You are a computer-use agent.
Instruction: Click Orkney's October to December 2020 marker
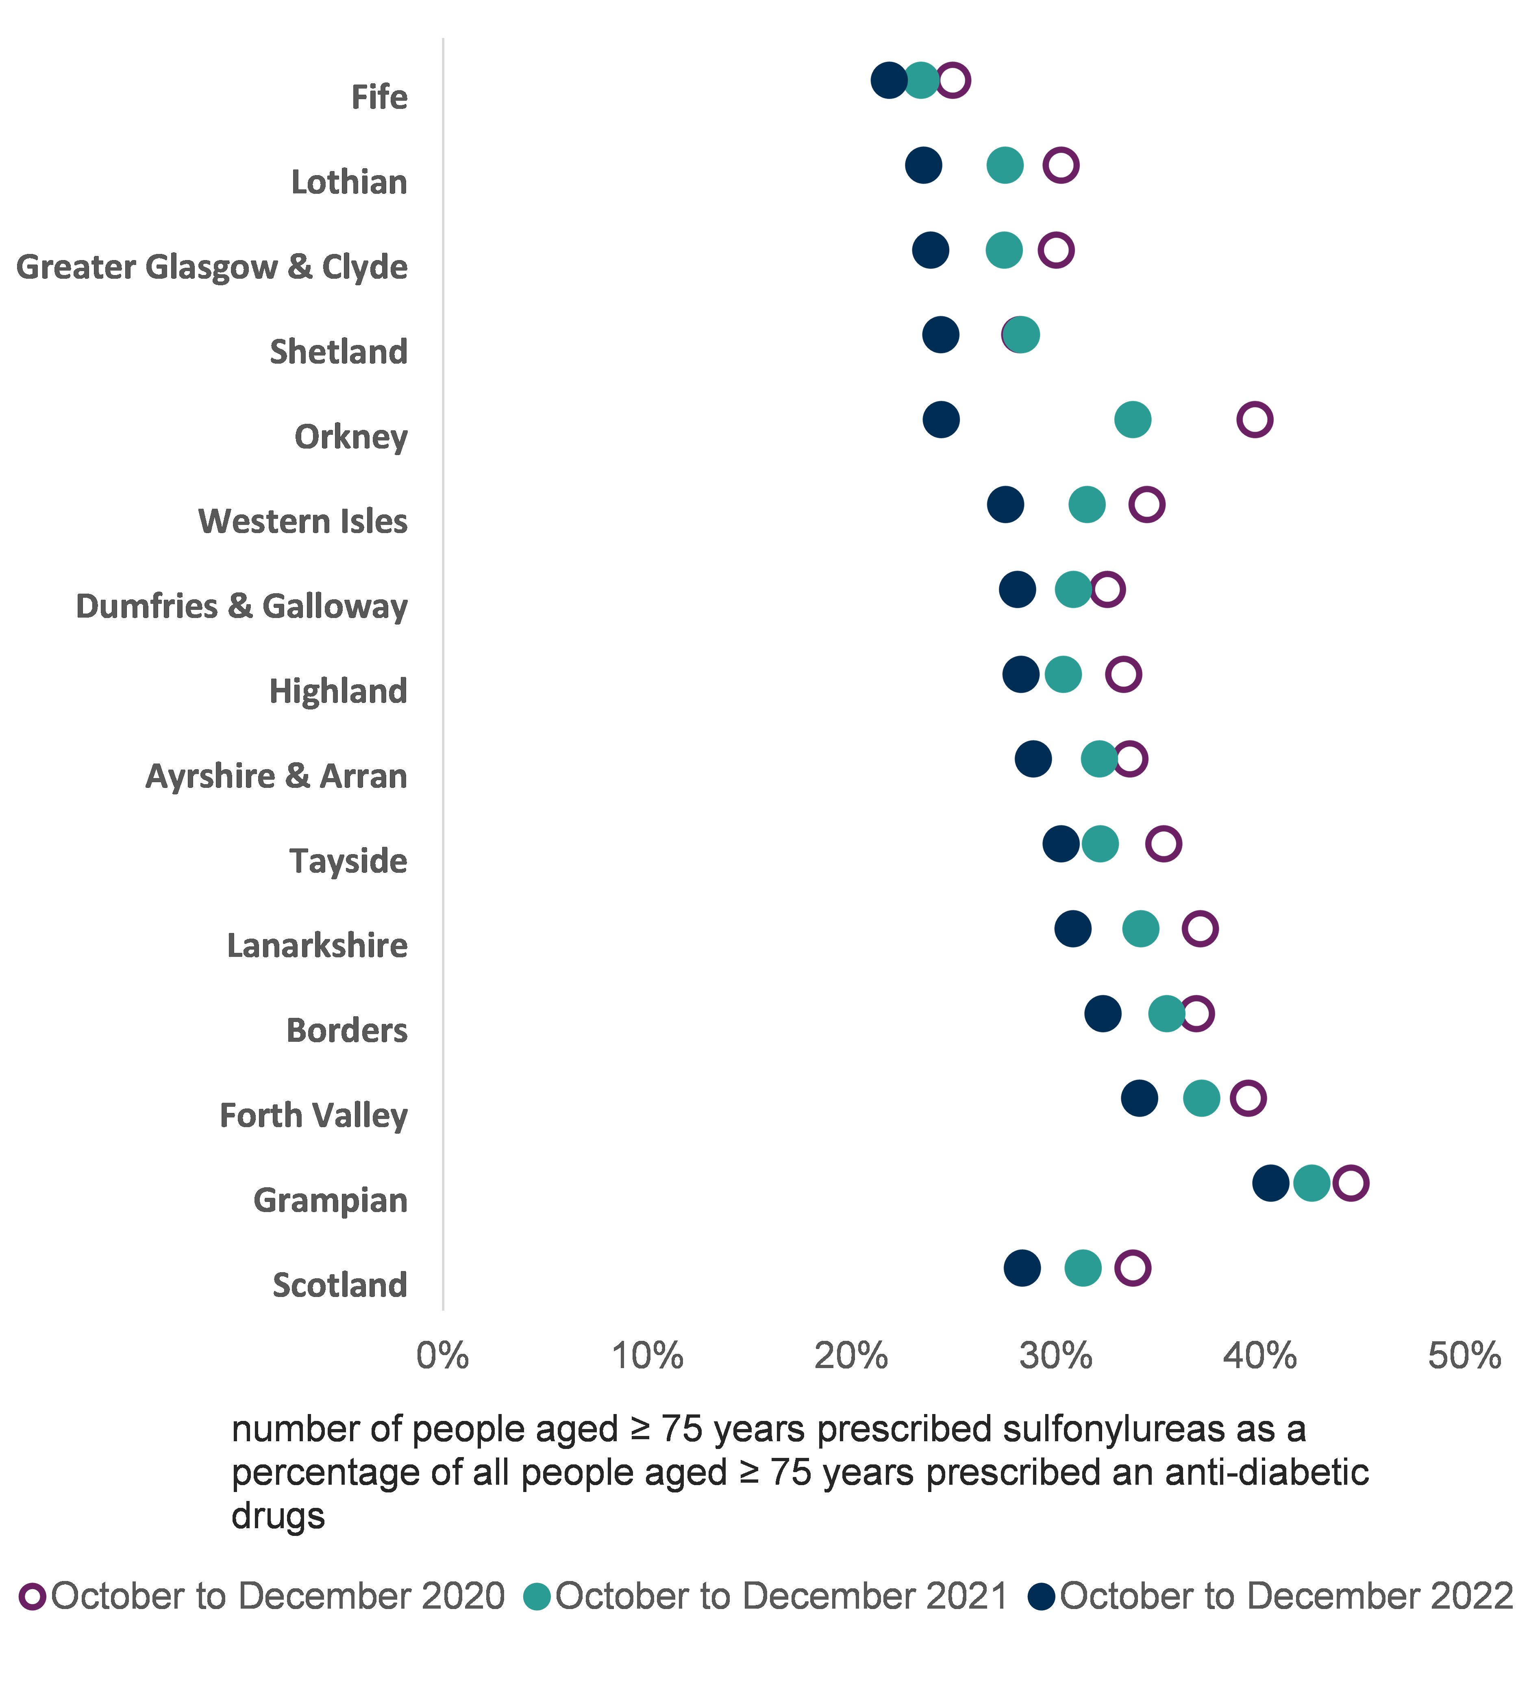pyautogui.click(x=1254, y=419)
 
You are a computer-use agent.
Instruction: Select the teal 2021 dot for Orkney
pyautogui.click(x=1132, y=419)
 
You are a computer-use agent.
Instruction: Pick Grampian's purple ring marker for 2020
pyautogui.click(x=1350, y=1183)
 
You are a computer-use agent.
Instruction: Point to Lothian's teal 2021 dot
pyautogui.click(x=1005, y=165)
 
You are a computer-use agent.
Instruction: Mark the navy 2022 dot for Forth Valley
pyautogui.click(x=1139, y=1098)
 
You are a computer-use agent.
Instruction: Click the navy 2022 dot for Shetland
pyautogui.click(x=940, y=335)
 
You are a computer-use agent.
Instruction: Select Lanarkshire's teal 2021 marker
pyautogui.click(x=1141, y=928)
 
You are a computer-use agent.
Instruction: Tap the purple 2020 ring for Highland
pyautogui.click(x=1123, y=674)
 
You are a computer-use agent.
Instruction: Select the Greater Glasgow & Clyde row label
pyautogui.click(x=212, y=267)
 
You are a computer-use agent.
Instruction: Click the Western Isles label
pyautogui.click(x=302, y=521)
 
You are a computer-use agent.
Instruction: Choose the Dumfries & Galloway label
pyautogui.click(x=241, y=606)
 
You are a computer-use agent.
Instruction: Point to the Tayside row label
pyautogui.click(x=348, y=861)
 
